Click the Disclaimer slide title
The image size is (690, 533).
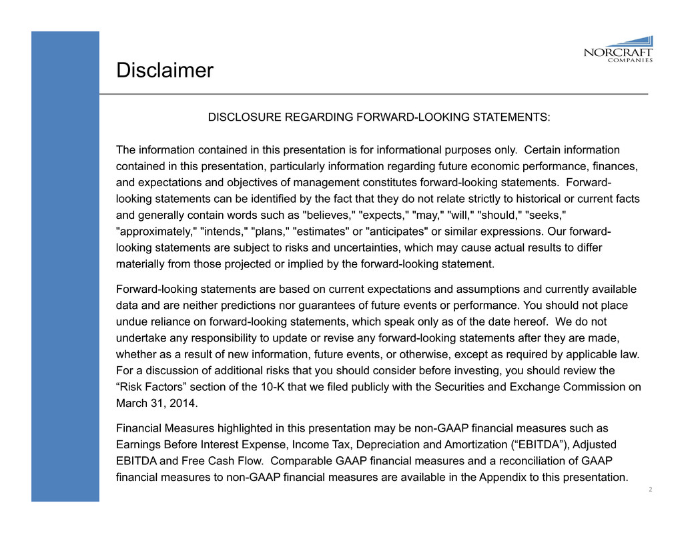click(x=164, y=70)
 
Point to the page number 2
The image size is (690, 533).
click(x=649, y=491)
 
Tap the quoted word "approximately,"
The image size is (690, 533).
click(x=155, y=231)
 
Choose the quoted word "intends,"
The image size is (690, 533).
click(x=224, y=231)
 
